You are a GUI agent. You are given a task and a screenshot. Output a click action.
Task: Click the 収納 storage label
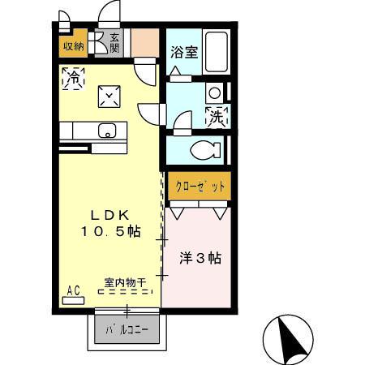coord(72,45)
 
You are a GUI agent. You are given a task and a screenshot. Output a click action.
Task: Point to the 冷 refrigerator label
coord(74,79)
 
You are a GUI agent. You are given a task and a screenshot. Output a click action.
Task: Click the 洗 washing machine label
coord(217,117)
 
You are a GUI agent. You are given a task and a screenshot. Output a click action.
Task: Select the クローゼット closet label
coord(199,185)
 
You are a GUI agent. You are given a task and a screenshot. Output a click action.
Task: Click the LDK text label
coord(109,216)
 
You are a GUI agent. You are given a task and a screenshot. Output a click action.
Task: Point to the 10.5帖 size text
coord(109,232)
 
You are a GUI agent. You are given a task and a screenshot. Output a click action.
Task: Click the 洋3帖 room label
coord(200,259)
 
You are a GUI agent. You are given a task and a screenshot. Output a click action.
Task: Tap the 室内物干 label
coord(124,281)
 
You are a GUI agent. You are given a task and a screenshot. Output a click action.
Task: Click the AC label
coord(72,289)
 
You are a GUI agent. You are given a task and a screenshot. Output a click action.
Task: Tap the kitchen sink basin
coord(106,130)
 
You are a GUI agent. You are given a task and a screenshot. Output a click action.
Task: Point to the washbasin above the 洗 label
coord(214,92)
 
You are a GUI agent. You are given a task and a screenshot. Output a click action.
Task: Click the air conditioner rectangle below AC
coord(73,299)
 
